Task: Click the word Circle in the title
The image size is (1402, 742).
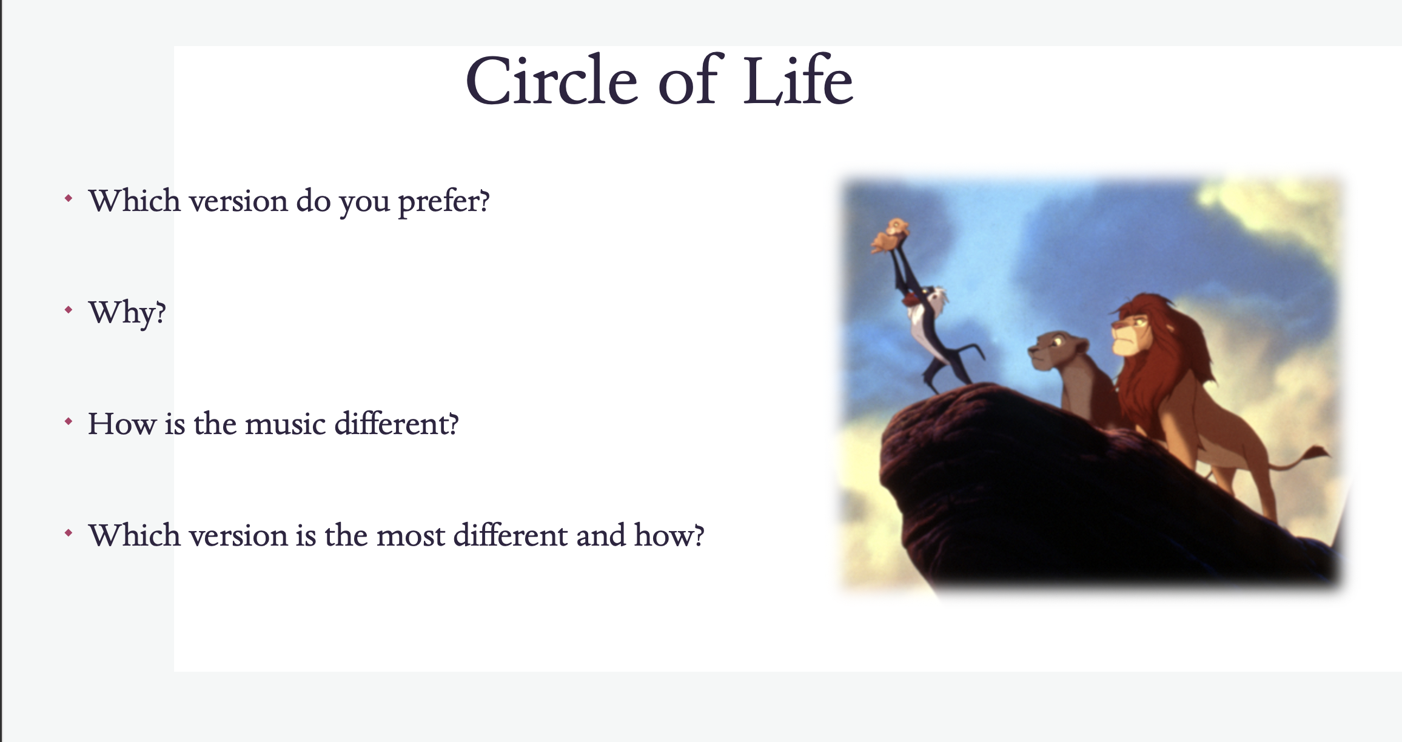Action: pyautogui.click(x=551, y=81)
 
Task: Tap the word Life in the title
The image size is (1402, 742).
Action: pyautogui.click(x=799, y=81)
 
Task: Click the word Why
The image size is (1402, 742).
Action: pyautogui.click(x=127, y=313)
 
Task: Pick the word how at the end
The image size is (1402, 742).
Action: pyautogui.click(x=669, y=535)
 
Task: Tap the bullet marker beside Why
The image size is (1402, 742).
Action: pyautogui.click(x=69, y=310)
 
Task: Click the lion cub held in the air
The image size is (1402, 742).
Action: pyautogui.click(x=890, y=236)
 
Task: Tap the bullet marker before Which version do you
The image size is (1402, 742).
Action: pyautogui.click(x=69, y=199)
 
